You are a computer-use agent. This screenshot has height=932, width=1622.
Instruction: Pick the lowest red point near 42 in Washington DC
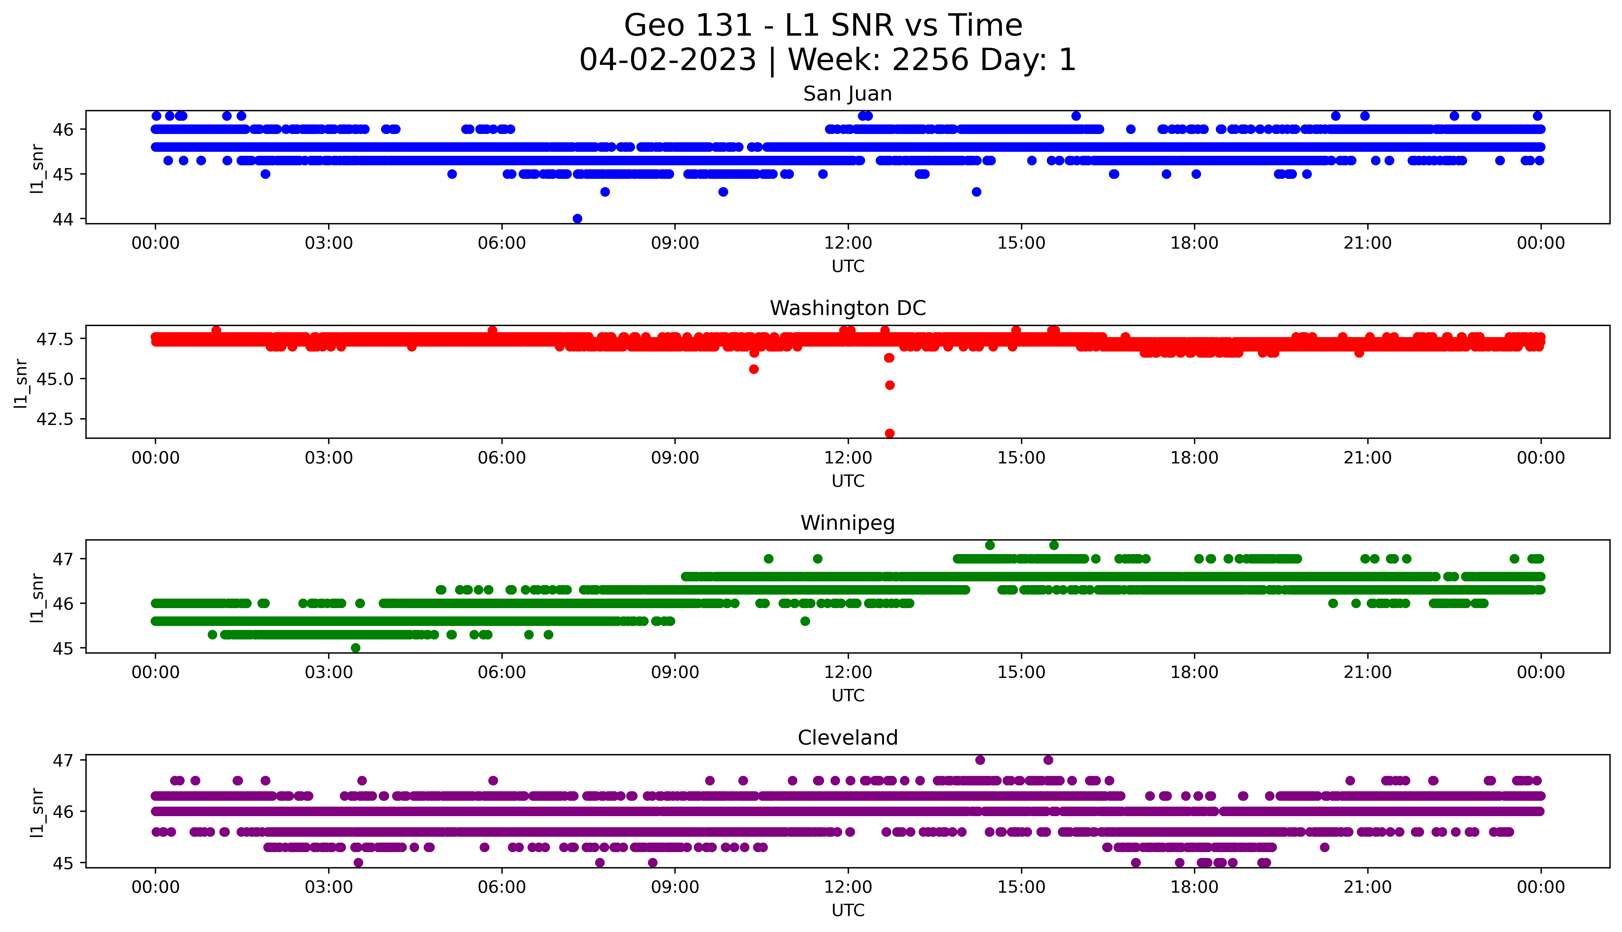[x=890, y=433]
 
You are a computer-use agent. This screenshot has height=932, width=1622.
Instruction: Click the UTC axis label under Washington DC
[x=848, y=481]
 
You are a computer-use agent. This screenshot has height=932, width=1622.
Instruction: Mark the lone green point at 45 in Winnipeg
[x=356, y=648]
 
